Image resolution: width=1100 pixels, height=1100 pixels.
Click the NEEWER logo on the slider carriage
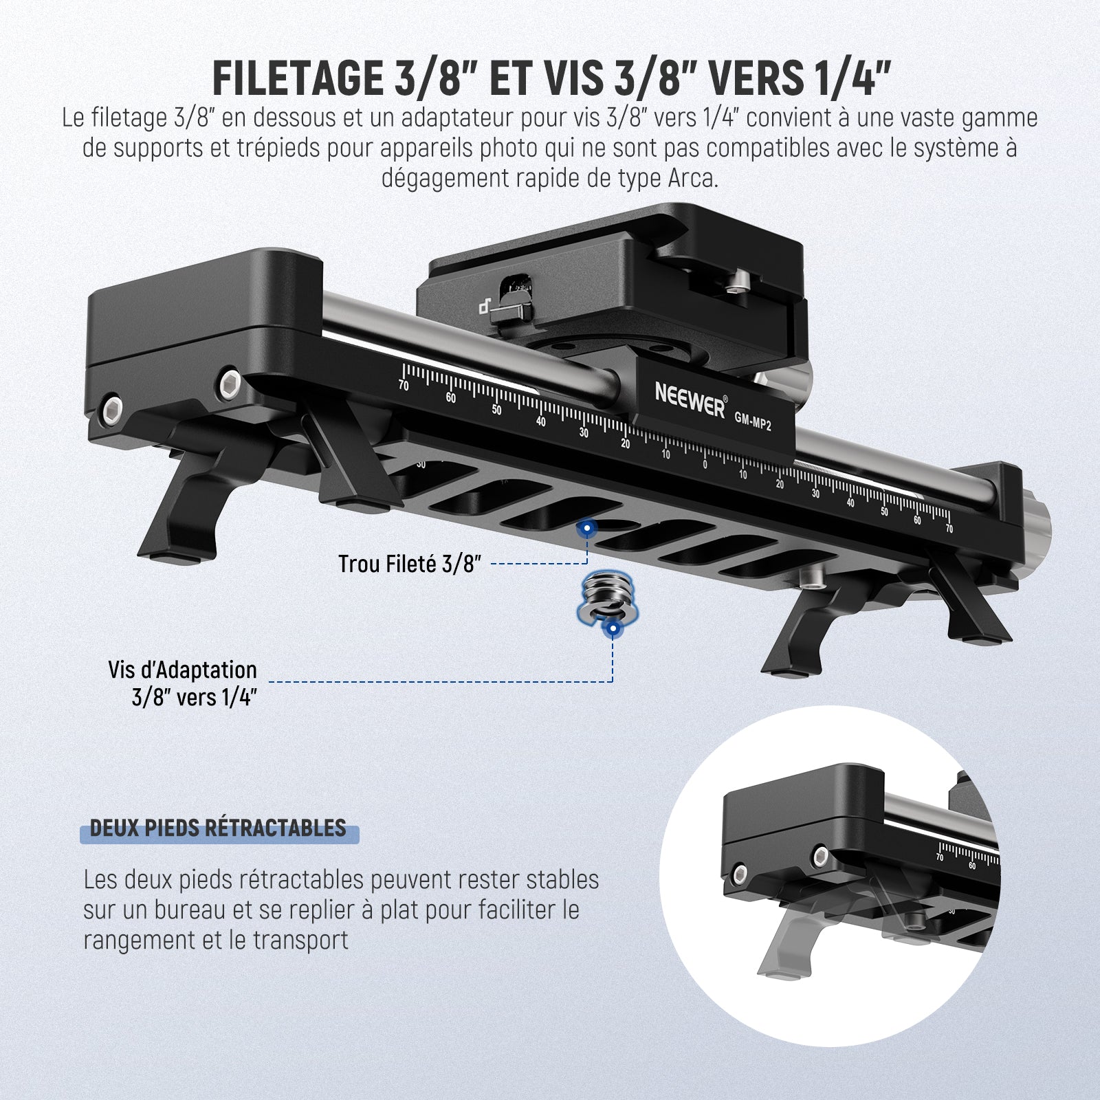tap(690, 399)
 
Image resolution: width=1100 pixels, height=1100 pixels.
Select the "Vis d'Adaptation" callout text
tap(182, 670)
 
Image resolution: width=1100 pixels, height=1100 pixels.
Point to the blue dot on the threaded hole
tap(586, 529)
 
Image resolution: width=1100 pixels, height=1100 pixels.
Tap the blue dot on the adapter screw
tap(610, 628)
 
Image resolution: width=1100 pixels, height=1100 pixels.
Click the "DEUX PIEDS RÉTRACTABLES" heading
tap(218, 828)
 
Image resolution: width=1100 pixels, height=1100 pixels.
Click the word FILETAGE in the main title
tap(298, 77)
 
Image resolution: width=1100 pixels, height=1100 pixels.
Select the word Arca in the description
tap(693, 178)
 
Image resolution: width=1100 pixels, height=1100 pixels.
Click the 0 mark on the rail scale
tap(705, 465)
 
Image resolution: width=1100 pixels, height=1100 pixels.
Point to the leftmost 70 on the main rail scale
tap(403, 385)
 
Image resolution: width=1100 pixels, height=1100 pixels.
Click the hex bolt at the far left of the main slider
tap(112, 412)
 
